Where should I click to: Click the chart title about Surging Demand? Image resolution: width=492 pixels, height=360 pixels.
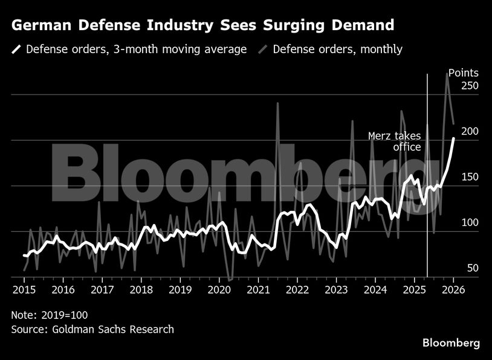(203, 25)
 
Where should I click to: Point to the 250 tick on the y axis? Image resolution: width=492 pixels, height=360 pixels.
(469, 86)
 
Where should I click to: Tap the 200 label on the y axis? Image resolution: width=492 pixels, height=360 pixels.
(469, 132)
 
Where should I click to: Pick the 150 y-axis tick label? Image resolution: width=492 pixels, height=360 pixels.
(469, 177)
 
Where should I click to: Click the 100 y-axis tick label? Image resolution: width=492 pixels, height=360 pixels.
(469, 223)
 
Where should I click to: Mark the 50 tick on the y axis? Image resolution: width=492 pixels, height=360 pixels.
(472, 268)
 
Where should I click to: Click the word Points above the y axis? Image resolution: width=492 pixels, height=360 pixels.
(463, 73)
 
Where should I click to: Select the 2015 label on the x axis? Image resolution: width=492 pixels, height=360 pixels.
(24, 290)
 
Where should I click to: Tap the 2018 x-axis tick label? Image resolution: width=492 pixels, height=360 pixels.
(141, 290)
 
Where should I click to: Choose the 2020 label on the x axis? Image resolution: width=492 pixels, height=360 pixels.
(219, 290)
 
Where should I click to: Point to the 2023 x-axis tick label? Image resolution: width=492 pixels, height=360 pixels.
(337, 290)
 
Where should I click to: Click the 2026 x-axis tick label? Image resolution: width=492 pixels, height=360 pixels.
(453, 290)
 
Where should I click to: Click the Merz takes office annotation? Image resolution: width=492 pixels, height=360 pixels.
(395, 141)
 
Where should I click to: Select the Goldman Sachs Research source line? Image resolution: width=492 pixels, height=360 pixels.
(92, 329)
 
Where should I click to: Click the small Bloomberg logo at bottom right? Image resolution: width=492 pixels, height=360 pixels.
(451, 343)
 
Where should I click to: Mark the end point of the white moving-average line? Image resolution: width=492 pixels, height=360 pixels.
(453, 138)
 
